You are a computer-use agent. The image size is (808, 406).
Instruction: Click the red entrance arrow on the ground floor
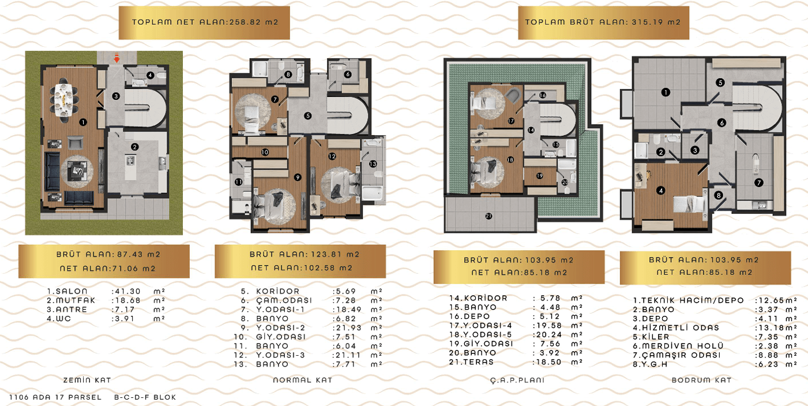coord(116,58)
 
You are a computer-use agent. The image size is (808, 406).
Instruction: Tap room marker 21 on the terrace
coord(488,216)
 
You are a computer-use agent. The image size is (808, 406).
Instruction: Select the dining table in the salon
coord(65,100)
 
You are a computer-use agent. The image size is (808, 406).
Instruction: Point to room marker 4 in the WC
coord(151,76)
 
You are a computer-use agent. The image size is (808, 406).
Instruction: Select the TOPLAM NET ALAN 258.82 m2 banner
coord(204,23)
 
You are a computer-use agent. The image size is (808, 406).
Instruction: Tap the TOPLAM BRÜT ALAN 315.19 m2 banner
coord(603,23)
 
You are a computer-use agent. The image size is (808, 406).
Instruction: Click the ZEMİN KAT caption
coord(87,380)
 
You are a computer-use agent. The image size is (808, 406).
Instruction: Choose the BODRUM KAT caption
coord(701,380)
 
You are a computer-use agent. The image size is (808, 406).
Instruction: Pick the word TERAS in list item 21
coord(478,362)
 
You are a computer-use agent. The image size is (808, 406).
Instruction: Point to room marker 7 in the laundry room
coord(758,182)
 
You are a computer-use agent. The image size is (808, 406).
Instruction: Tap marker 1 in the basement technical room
coord(666,92)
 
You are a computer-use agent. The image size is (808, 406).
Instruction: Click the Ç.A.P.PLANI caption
coord(517,380)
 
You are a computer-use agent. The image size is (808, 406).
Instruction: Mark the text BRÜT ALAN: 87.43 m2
coord(108,254)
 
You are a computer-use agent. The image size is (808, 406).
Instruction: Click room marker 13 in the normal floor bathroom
coord(373,164)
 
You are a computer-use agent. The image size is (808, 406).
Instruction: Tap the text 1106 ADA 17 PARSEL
coord(55,397)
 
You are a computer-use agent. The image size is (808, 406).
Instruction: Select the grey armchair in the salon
coord(76,142)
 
